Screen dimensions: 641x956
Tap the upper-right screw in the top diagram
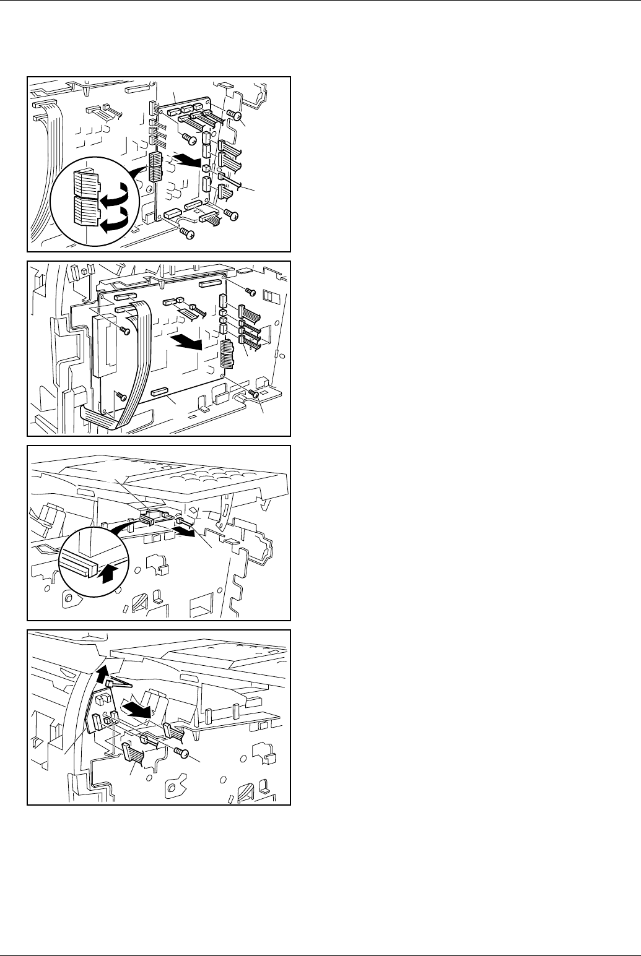(233, 115)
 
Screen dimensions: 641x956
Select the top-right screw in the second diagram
(250, 291)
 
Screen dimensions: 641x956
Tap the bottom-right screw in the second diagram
(252, 394)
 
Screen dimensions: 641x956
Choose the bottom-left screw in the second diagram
(122, 396)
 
